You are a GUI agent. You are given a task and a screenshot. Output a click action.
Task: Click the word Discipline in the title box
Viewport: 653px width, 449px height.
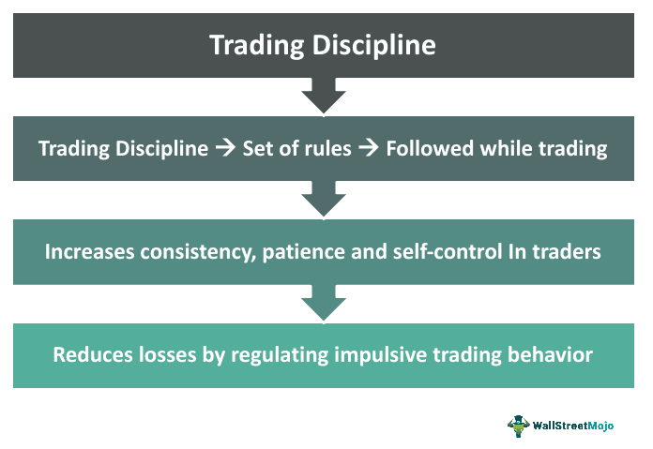(x=374, y=45)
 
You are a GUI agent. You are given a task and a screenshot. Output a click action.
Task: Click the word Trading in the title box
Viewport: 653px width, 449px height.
(x=256, y=45)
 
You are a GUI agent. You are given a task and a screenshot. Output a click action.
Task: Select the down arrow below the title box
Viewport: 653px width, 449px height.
(x=324, y=96)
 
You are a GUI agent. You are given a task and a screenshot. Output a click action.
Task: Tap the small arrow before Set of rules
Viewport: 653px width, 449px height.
(x=225, y=148)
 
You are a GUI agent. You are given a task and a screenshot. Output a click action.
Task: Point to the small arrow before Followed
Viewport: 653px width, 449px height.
(x=369, y=148)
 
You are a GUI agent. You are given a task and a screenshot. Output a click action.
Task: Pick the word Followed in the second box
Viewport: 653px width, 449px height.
(x=430, y=148)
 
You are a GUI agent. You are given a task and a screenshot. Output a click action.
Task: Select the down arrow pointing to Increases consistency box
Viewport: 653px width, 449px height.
(x=324, y=199)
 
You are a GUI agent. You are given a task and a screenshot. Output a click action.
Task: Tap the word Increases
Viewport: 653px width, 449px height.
(x=89, y=252)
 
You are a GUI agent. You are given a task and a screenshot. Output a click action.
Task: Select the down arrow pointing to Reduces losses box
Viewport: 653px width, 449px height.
(x=324, y=303)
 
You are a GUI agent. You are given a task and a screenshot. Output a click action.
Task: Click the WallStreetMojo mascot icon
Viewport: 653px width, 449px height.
(x=519, y=426)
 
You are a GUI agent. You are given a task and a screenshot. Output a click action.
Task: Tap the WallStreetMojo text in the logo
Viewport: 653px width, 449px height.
(x=573, y=426)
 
